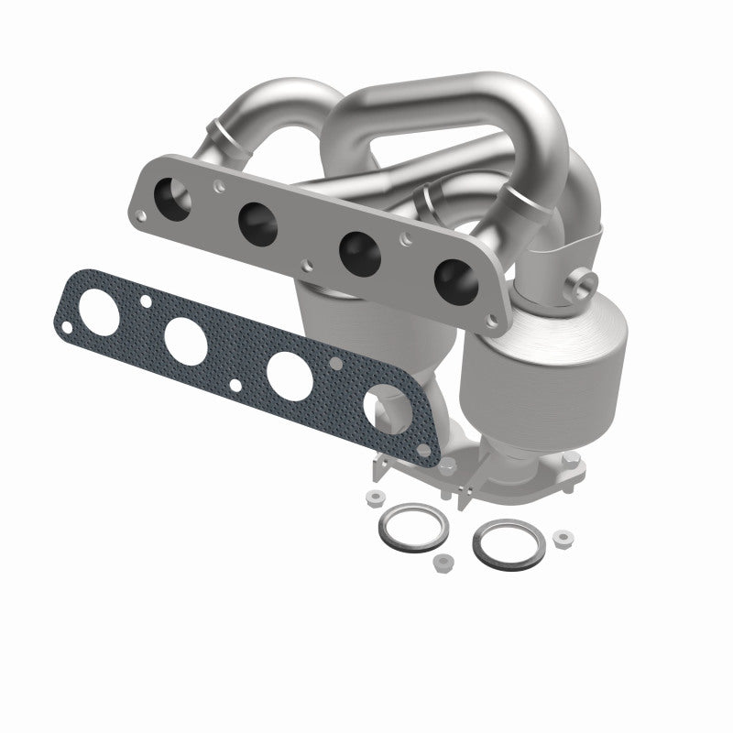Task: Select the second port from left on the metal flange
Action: tap(257, 218)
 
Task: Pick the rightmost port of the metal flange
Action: tap(451, 279)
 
